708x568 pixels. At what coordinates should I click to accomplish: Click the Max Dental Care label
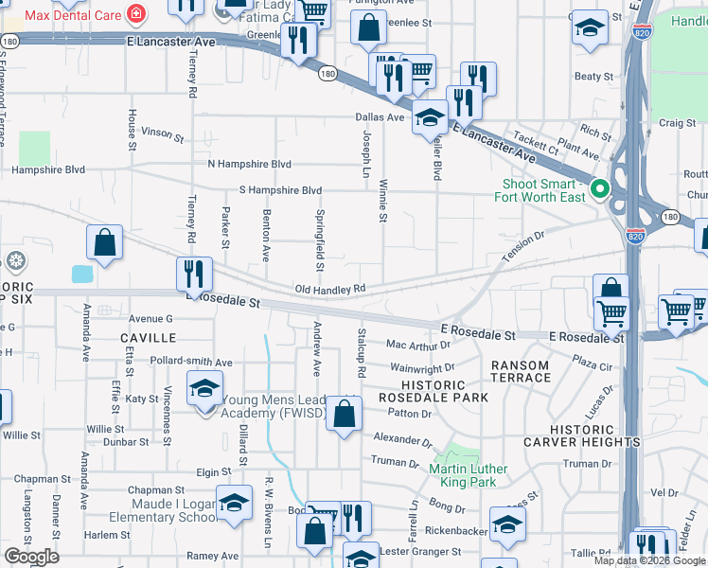(x=74, y=15)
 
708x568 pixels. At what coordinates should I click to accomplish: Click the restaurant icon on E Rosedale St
(x=194, y=275)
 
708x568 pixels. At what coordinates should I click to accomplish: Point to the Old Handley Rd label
(x=329, y=289)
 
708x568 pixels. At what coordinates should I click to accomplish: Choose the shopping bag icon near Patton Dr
(x=345, y=413)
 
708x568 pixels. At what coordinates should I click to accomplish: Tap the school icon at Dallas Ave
(x=430, y=118)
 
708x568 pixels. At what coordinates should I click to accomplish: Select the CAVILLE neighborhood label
(x=148, y=337)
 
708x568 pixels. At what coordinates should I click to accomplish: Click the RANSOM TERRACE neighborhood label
(x=520, y=371)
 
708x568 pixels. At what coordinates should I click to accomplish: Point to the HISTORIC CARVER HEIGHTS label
(x=594, y=435)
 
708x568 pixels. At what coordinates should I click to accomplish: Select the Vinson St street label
(x=162, y=134)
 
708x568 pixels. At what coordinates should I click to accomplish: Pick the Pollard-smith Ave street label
(x=191, y=362)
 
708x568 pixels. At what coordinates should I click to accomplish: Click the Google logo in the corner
(x=32, y=557)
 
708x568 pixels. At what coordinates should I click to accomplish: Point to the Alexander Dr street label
(x=402, y=440)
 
